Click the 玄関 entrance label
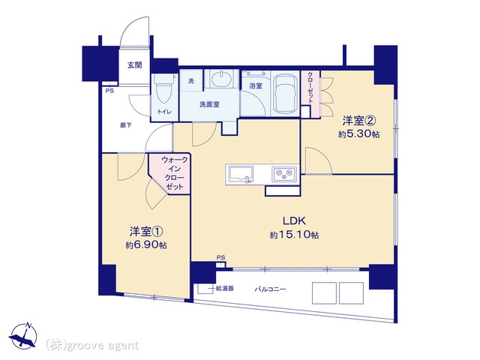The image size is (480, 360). pyautogui.click(x=135, y=65)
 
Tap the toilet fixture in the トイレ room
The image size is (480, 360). pyautogui.click(x=164, y=88)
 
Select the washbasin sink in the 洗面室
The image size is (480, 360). pyautogui.click(x=222, y=79)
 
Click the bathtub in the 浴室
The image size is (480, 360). pyautogui.click(x=285, y=93)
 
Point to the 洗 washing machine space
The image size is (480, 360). pyautogui.click(x=191, y=81)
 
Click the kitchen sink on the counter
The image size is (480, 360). pyautogui.click(x=241, y=175)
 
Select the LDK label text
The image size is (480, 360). pyautogui.click(x=294, y=220)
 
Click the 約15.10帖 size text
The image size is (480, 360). pyautogui.click(x=294, y=235)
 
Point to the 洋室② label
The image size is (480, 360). pyautogui.click(x=359, y=121)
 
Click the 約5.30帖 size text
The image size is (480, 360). pyautogui.click(x=358, y=133)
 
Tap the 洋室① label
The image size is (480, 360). pyautogui.click(x=146, y=232)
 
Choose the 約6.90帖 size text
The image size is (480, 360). pyautogui.click(x=146, y=245)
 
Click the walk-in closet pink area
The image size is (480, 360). pyautogui.click(x=175, y=173)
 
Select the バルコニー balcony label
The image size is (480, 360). pyautogui.click(x=270, y=289)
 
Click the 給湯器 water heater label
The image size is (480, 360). pyautogui.click(x=225, y=288)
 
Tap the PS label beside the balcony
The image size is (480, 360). pyautogui.click(x=220, y=257)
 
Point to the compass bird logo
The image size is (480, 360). pyautogui.click(x=23, y=336)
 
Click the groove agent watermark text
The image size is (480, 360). pyautogui.click(x=92, y=346)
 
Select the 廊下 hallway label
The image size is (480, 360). pyautogui.click(x=125, y=125)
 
